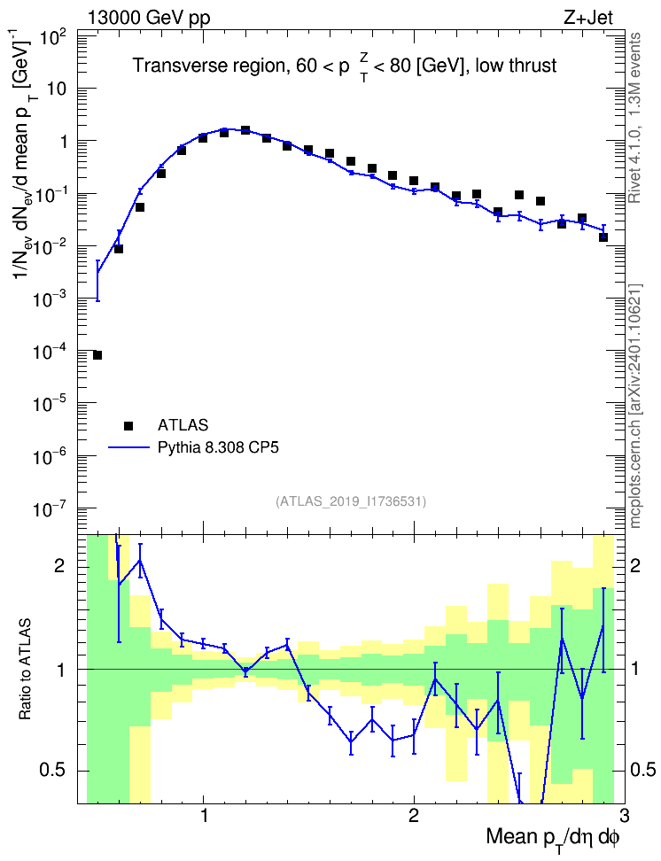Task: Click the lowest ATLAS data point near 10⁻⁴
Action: (97, 355)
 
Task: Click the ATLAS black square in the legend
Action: (128, 425)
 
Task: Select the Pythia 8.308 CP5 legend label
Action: (218, 448)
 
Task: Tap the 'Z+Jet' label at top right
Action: (588, 18)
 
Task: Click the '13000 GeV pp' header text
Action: (148, 18)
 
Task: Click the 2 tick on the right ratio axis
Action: (635, 566)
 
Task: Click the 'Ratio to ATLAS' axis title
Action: (25, 670)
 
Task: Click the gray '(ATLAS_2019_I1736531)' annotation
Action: (351, 501)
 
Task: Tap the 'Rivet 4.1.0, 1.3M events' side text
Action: (635, 118)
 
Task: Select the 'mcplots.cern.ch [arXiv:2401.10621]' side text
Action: (635, 406)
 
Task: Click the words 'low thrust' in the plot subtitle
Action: (516, 66)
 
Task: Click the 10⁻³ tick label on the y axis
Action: (51, 299)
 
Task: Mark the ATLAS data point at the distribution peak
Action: (245, 130)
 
